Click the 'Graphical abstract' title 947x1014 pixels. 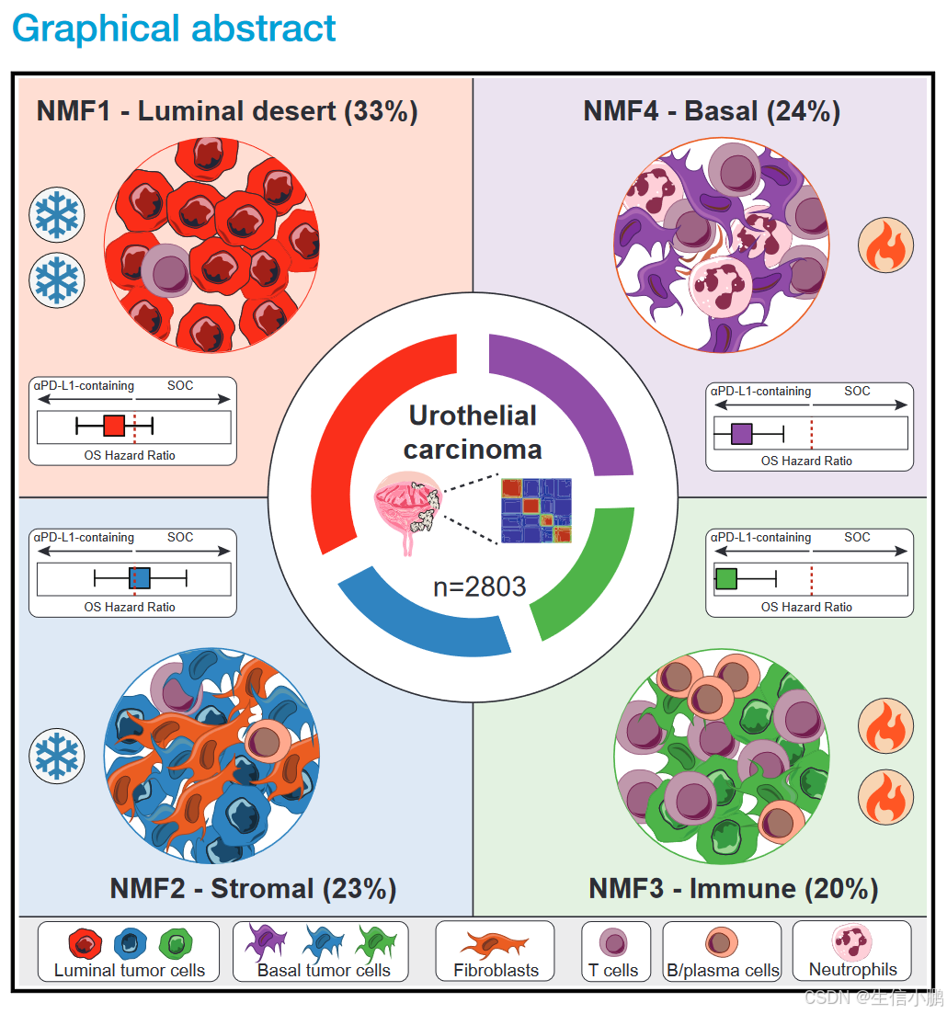click(x=174, y=28)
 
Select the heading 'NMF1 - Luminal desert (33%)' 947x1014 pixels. click(x=227, y=111)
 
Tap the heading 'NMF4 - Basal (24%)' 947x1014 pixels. click(x=712, y=111)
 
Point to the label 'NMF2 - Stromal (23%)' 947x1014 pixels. click(x=253, y=888)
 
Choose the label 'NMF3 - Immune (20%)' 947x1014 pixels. click(x=733, y=888)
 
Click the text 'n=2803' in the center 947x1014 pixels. click(x=479, y=586)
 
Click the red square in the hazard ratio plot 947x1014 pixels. click(x=113, y=426)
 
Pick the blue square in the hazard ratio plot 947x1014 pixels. click(x=138, y=577)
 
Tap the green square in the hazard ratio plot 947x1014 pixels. click(x=726, y=578)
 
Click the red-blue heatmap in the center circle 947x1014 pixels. click(x=536, y=511)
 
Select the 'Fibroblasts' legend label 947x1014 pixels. click(x=496, y=969)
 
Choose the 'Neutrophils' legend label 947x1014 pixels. click(x=851, y=969)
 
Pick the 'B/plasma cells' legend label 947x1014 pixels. click(x=722, y=970)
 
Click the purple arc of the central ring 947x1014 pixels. click(x=570, y=395)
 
